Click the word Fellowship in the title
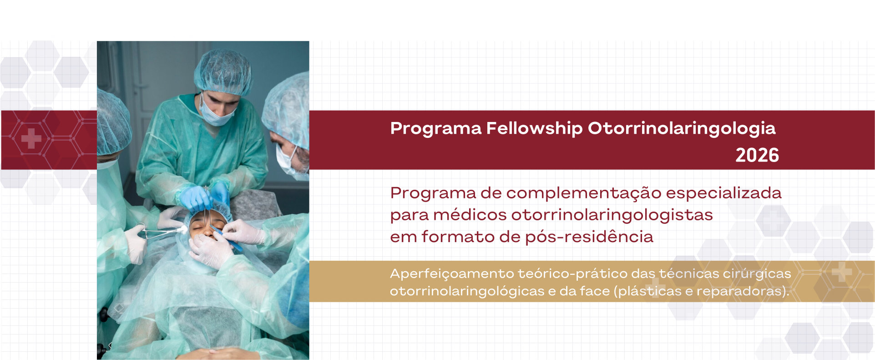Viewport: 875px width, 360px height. click(x=534, y=128)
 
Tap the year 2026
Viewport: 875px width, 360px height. click(x=757, y=156)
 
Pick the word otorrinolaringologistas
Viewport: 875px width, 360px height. click(x=612, y=215)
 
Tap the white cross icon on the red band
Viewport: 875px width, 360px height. click(x=31, y=138)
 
